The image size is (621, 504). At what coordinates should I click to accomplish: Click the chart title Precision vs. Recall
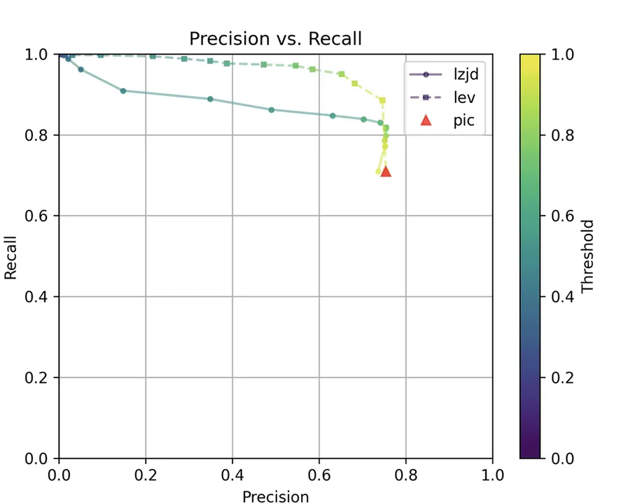(275, 38)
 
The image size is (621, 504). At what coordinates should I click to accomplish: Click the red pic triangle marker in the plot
(385, 171)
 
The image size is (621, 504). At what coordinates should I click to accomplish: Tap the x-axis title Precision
(275, 496)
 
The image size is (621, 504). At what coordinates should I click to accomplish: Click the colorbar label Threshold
(587, 256)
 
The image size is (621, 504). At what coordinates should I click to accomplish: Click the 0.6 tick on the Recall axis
(41, 216)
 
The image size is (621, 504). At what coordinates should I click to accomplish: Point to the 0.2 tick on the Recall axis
(41, 378)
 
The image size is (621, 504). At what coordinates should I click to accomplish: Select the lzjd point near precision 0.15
(123, 91)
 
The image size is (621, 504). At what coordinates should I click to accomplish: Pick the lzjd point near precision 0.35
(210, 99)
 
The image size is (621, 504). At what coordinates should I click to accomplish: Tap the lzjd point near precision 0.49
(272, 110)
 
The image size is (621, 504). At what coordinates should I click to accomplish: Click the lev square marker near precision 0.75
(382, 100)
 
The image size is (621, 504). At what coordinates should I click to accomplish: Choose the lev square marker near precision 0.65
(342, 73)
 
